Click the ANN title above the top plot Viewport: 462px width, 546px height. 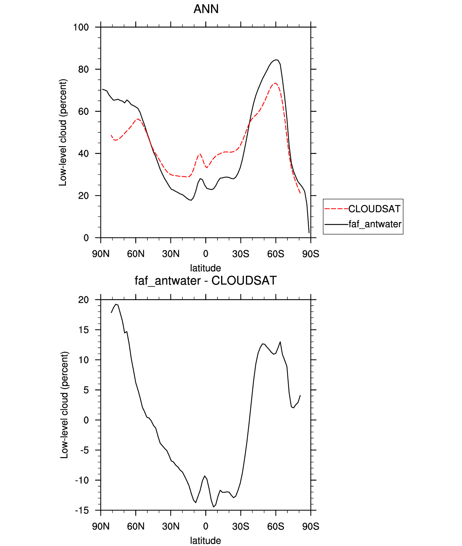(206, 9)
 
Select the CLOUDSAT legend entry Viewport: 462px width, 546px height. (374, 209)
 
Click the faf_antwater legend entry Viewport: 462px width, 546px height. (375, 224)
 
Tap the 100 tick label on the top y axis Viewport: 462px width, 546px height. (81, 27)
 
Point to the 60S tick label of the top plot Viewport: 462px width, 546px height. (275, 254)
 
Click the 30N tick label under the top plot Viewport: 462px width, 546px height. (171, 254)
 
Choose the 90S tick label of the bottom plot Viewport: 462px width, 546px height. (311, 527)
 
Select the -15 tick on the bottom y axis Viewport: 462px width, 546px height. (82, 510)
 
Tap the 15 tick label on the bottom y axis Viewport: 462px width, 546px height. (83, 330)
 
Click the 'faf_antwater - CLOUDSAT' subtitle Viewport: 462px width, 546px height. (206, 281)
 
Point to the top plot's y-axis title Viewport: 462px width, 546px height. (63, 132)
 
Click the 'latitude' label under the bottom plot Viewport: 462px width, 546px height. (206, 541)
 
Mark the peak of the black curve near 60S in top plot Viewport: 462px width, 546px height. (276, 60)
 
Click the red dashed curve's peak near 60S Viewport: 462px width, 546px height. (275, 83)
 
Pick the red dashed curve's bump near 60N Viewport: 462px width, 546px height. (138, 119)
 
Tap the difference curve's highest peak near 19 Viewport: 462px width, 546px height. (116, 304)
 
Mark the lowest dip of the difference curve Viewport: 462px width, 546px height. (214, 507)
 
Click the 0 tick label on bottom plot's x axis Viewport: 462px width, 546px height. (206, 527)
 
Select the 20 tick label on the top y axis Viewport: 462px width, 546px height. (83, 196)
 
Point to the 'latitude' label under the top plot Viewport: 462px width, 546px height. (206, 268)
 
